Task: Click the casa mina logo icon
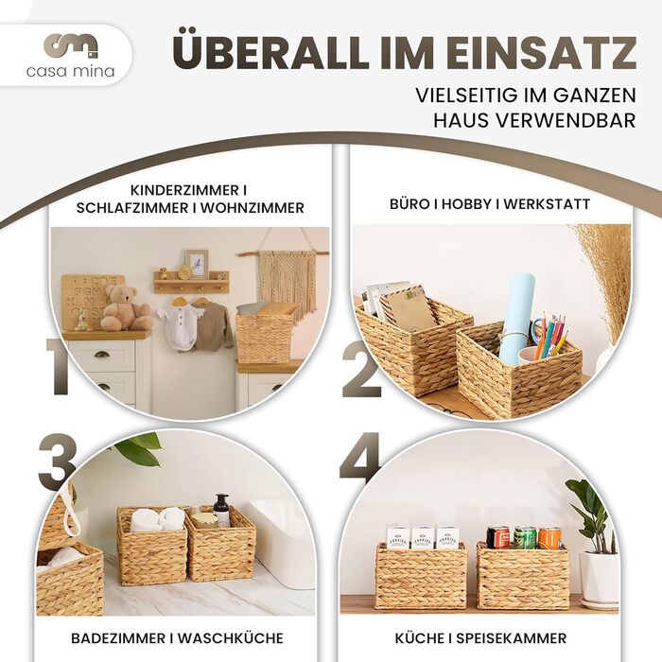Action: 71,46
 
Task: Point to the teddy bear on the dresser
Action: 126,307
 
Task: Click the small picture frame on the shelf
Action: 197,264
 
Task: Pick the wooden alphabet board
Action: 88,302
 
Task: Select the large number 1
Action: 59,367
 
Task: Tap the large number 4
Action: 360,459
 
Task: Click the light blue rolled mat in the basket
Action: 517,318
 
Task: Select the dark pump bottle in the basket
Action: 221,511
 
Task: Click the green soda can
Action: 525,537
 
